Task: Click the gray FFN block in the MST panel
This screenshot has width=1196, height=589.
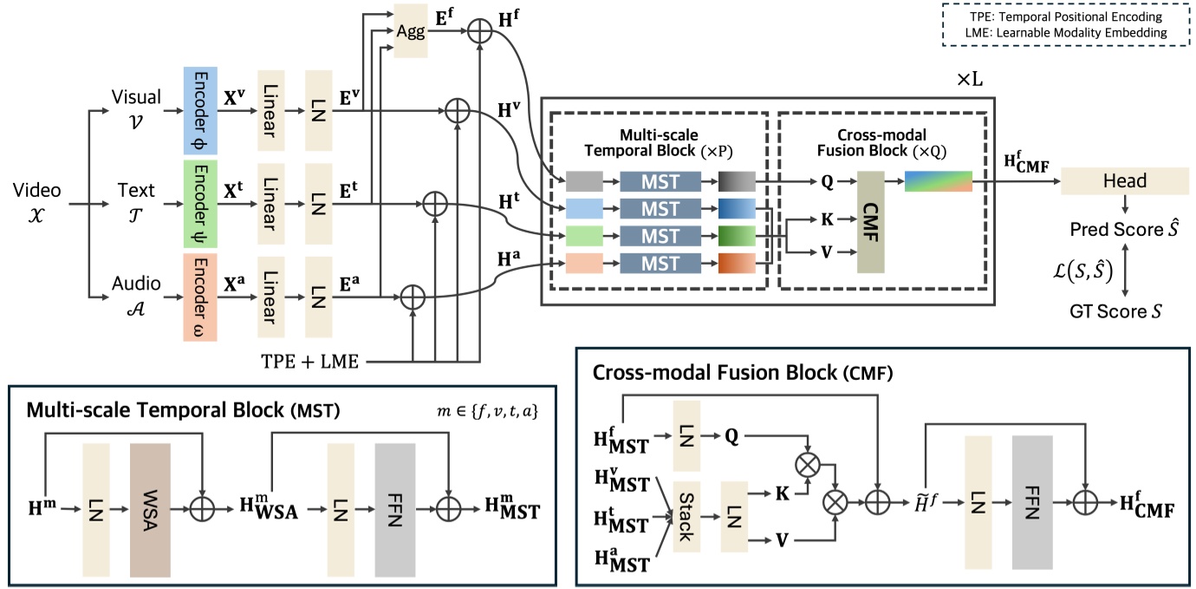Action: [396, 510]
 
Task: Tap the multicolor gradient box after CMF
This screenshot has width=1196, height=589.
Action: [938, 181]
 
